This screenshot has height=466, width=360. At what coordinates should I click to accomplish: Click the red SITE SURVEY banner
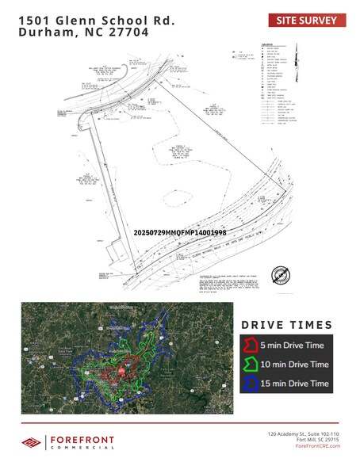(x=306, y=21)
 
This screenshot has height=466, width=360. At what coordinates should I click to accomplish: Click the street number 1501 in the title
(x=34, y=20)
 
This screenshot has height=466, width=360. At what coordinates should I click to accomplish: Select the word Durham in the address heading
(x=45, y=33)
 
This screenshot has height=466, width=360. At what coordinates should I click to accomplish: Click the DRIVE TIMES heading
(x=286, y=325)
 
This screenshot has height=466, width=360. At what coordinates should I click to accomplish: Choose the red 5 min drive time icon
(x=251, y=344)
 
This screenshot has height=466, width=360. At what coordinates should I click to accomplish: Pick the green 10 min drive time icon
(x=251, y=364)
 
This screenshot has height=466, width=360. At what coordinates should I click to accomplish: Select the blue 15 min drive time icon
(x=251, y=384)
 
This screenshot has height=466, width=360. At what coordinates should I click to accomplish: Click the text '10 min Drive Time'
(x=294, y=364)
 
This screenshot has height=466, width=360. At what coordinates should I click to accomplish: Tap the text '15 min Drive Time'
(x=294, y=384)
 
